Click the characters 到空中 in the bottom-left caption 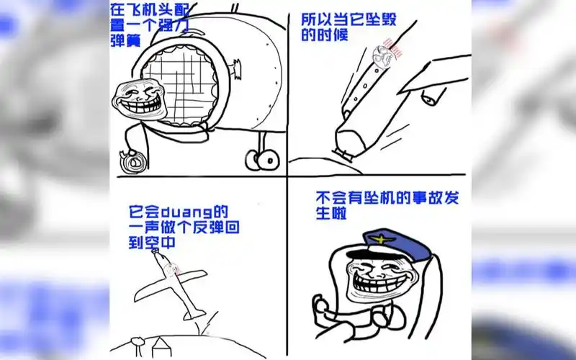(150, 243)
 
